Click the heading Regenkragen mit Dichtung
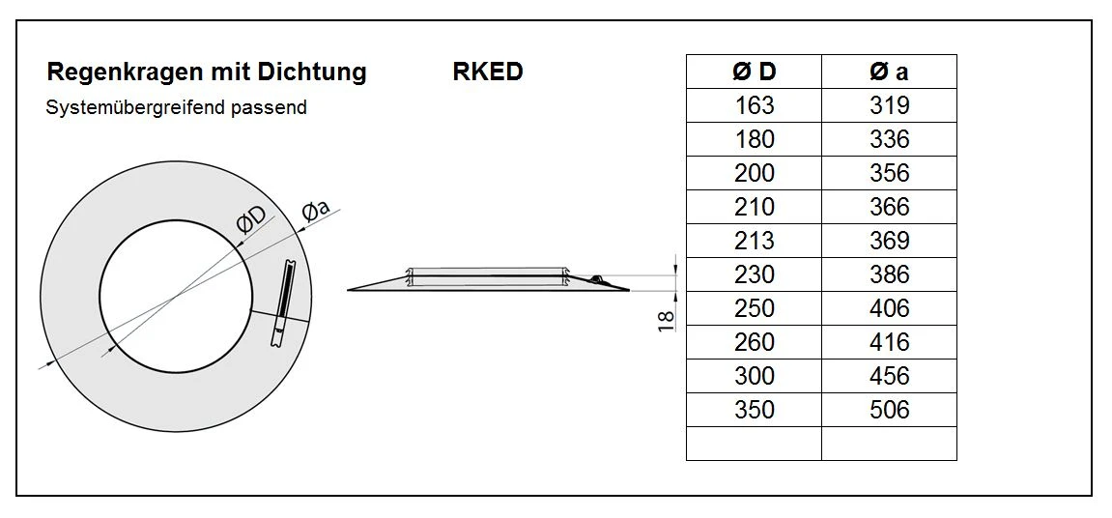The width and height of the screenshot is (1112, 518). click(207, 72)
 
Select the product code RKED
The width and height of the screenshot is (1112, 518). click(487, 72)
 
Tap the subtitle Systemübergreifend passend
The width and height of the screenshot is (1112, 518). click(176, 107)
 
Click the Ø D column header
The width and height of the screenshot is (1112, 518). click(754, 72)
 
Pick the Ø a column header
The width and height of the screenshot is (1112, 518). click(889, 72)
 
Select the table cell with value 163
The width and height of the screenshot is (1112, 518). click(754, 105)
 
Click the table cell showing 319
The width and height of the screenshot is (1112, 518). click(889, 105)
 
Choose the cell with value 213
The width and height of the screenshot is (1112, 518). click(754, 241)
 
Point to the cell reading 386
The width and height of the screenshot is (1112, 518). click(889, 274)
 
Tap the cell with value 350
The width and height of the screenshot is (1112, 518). click(754, 410)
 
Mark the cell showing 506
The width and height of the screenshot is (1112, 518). click(889, 410)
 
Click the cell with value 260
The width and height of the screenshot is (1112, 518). click(754, 342)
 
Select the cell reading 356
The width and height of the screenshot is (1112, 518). click(889, 173)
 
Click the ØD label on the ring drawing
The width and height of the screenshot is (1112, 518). click(250, 220)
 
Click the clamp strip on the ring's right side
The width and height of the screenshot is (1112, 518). click(284, 303)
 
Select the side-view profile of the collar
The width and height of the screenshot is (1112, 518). click(488, 279)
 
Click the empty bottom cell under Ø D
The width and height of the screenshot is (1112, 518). click(754, 444)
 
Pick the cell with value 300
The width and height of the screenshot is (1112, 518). click(754, 376)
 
